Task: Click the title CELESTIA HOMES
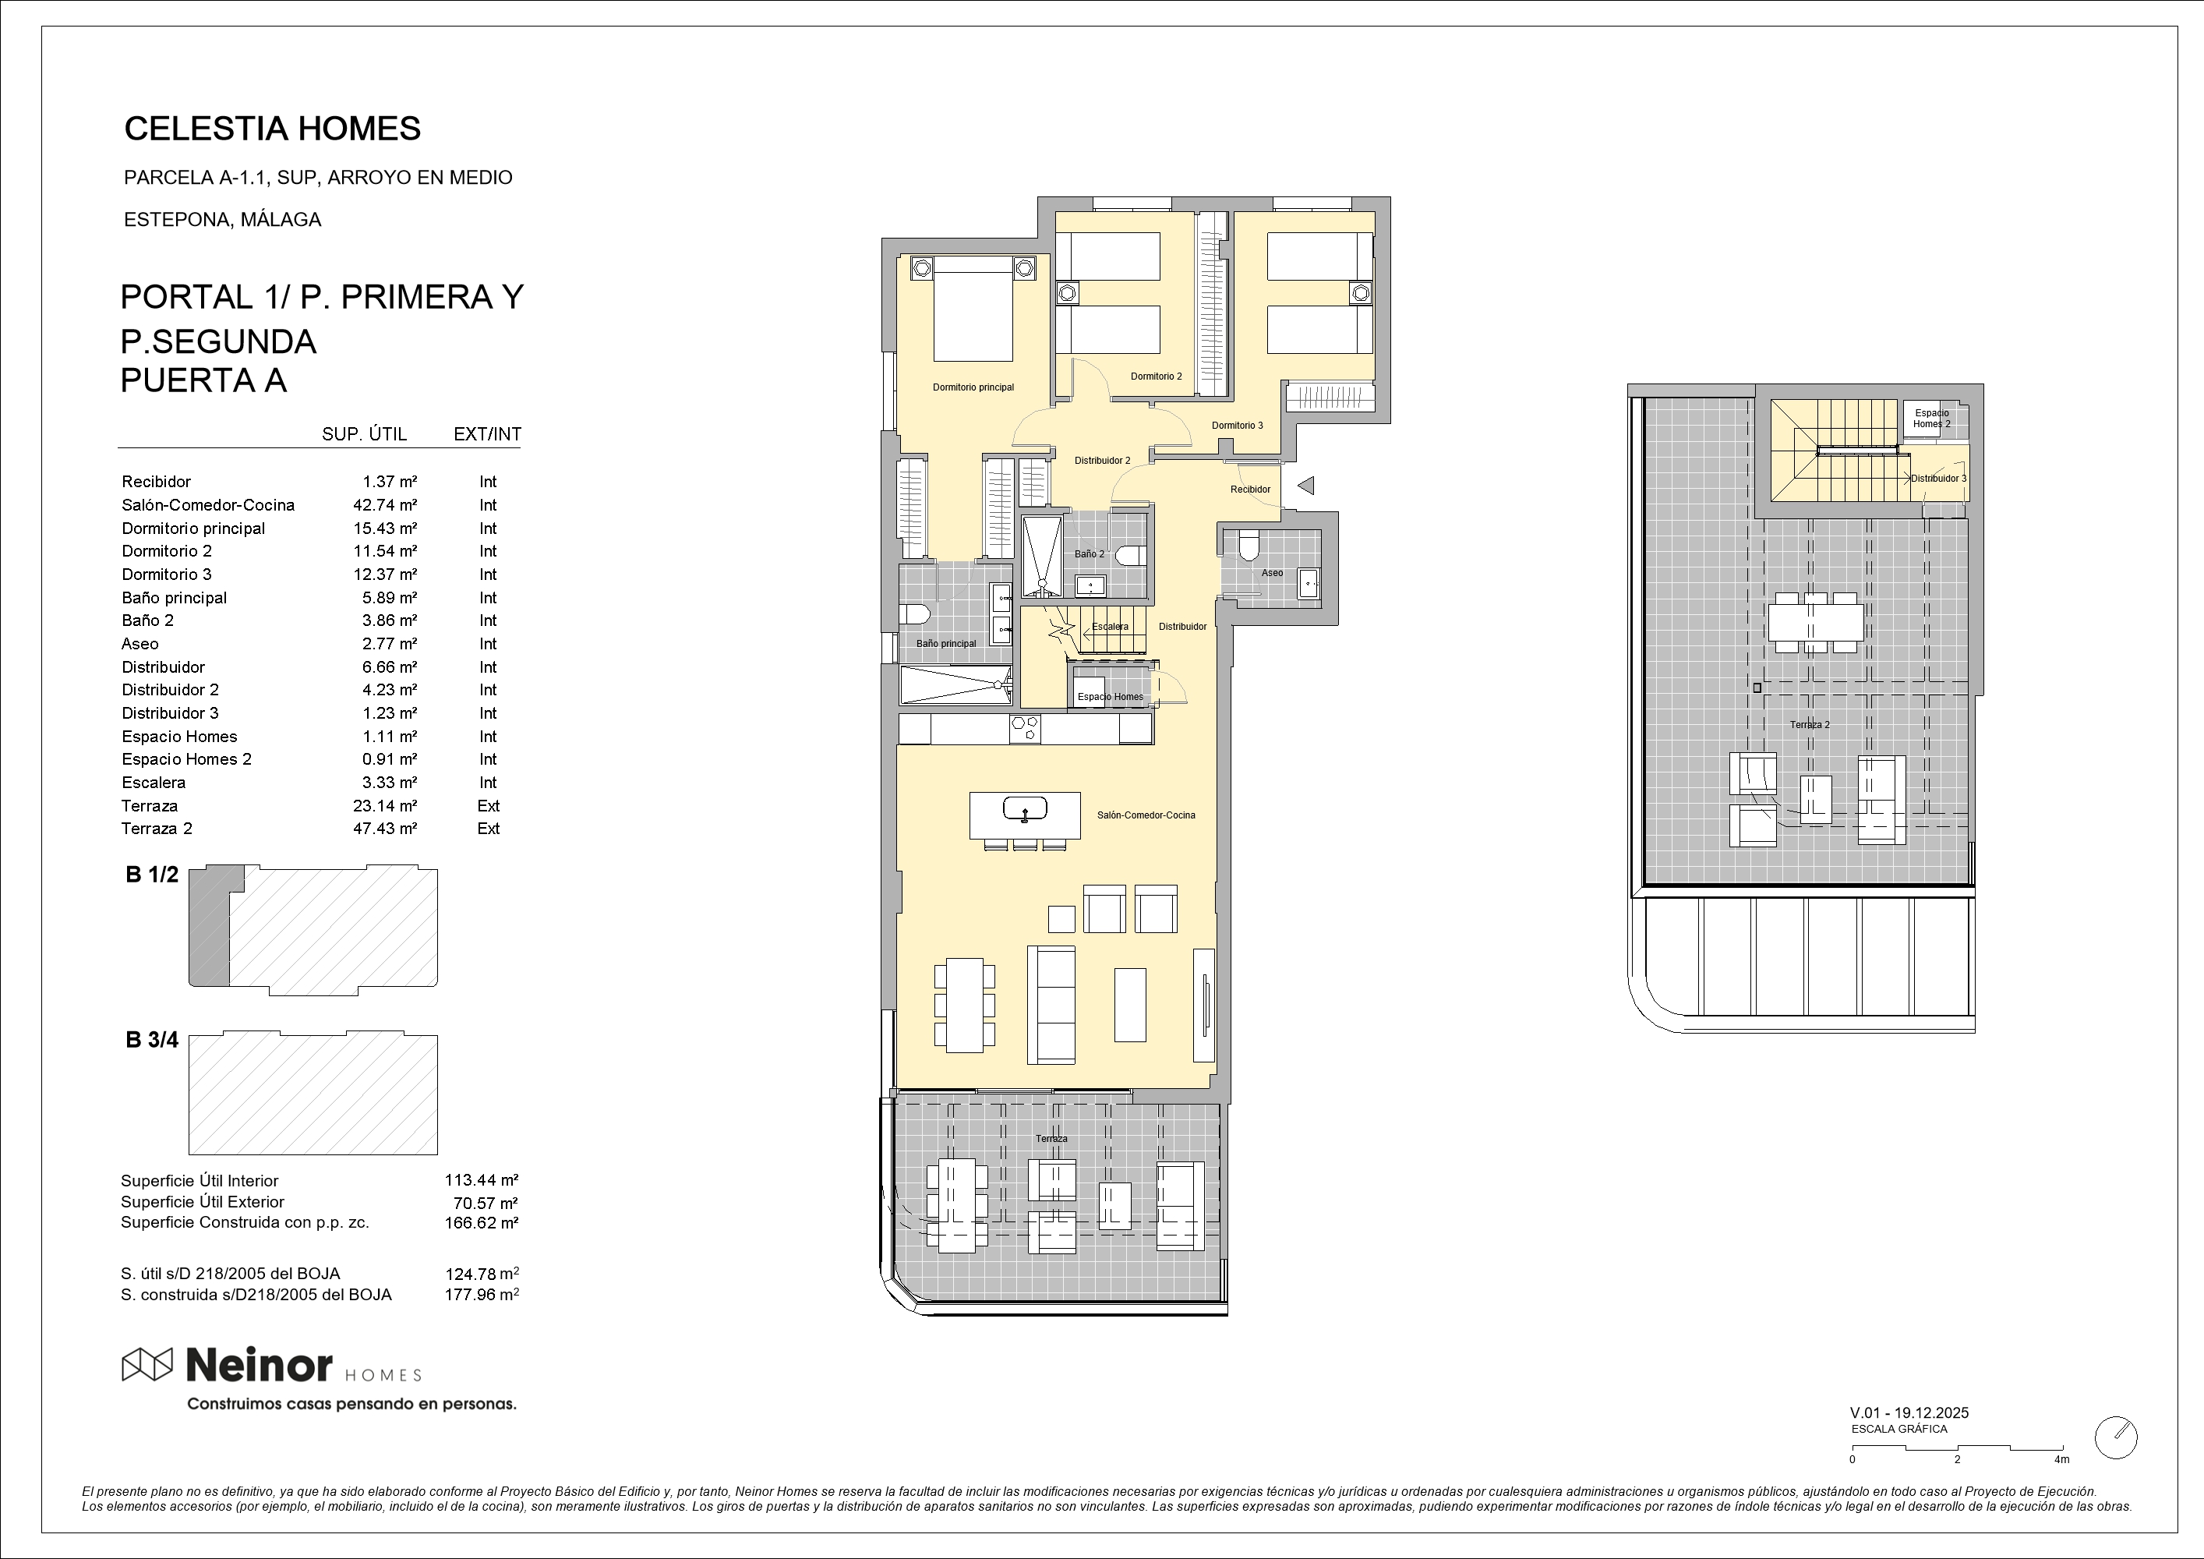[x=273, y=129]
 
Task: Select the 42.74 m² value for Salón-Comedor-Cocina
[x=385, y=505]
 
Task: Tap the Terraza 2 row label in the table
[x=157, y=829]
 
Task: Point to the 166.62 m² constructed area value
[x=482, y=1223]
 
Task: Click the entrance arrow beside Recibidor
[x=1305, y=486]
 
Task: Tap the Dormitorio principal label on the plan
[x=973, y=388]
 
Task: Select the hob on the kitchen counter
[x=1024, y=729]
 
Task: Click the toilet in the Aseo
[x=1248, y=546]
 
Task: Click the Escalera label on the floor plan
[x=1110, y=627]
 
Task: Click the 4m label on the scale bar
[x=2061, y=1460]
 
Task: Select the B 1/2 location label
[x=152, y=875]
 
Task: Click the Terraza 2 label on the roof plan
[x=1810, y=725]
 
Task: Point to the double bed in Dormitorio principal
[x=973, y=308]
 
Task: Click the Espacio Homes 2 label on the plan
[x=1931, y=419]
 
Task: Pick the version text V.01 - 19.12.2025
[x=1909, y=1413]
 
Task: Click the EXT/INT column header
[x=488, y=434]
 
